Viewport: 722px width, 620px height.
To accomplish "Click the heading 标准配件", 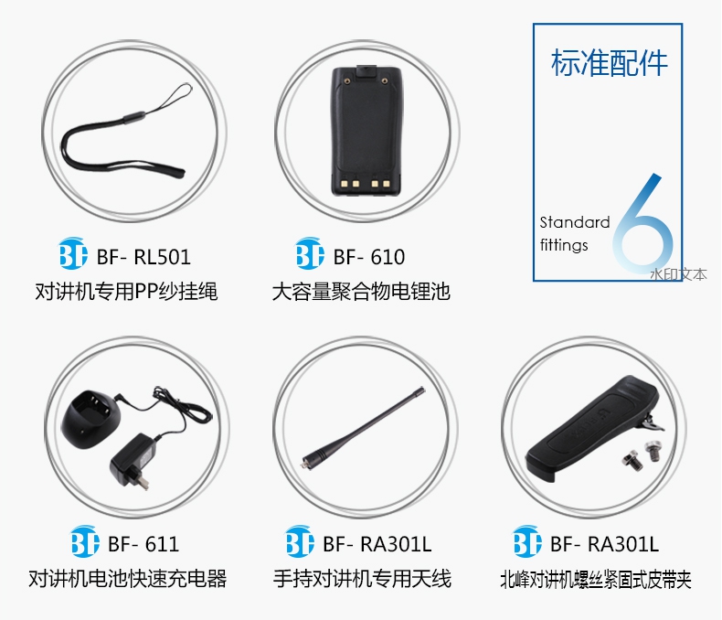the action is pos(609,63).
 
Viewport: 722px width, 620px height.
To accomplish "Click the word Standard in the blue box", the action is pos(575,222).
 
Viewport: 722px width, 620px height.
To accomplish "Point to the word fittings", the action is pos(564,244).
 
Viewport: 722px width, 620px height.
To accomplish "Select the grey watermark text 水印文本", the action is pos(678,274).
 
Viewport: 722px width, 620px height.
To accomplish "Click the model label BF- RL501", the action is pos(143,257).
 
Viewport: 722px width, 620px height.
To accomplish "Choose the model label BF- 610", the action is pos(369,257).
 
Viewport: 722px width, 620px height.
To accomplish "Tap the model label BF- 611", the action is pos(143,544).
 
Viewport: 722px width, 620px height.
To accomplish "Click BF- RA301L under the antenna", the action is pos(377,544).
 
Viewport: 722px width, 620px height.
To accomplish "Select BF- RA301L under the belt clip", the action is pos(605,544).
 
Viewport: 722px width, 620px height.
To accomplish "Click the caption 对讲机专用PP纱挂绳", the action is pos(126,291).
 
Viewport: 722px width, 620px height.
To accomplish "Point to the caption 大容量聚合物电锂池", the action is pos(361,291).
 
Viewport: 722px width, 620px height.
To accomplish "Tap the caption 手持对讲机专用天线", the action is pos(362,579).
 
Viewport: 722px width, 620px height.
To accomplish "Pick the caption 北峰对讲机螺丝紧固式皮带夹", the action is pos(595,580).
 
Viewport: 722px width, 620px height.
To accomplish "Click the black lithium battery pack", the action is pos(366,131).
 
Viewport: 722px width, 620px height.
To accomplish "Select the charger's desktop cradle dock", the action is pos(90,419).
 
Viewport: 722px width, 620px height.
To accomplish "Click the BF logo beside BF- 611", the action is pos(85,541).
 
